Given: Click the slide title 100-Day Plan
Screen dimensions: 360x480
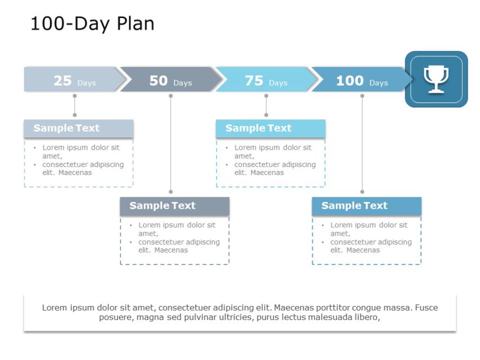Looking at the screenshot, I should tap(92, 24).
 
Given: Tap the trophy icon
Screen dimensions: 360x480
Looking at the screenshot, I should tap(436, 79).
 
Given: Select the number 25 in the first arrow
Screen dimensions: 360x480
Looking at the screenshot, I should tap(62, 81).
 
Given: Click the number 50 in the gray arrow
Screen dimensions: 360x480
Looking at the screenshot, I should tap(159, 81).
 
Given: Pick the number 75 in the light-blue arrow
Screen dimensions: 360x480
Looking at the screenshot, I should tap(254, 81).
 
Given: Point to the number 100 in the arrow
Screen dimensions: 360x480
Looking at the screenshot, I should tap(349, 81).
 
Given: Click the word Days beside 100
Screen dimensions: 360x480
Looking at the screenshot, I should tap(379, 83).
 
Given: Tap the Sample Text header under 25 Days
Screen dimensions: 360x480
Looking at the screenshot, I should tap(66, 128).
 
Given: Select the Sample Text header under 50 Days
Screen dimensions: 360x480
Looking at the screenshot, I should tap(163, 206).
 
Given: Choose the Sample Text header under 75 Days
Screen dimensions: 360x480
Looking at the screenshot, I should tap(258, 128).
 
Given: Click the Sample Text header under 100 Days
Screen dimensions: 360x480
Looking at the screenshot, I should tap(355, 206).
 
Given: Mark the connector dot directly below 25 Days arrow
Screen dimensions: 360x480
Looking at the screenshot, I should tap(75, 96).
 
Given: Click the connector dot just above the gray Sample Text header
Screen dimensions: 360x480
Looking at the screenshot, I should tap(171, 192).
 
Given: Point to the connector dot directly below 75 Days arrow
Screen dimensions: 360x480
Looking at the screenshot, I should tap(266, 96).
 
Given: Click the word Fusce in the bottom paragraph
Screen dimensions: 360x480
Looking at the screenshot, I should tap(427, 308).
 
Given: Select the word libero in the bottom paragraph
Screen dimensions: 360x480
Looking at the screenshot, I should tap(366, 317).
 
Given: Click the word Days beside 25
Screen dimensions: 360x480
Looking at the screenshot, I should tap(87, 83).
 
